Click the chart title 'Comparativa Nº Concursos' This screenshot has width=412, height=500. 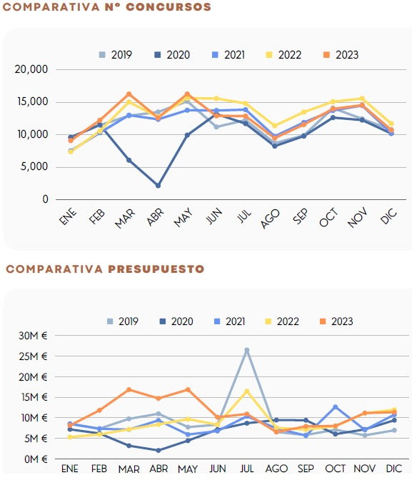click(x=108, y=7)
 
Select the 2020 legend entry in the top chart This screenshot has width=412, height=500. click(x=171, y=54)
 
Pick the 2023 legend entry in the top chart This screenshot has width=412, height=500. click(x=340, y=54)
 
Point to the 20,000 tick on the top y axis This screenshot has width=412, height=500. click(x=31, y=69)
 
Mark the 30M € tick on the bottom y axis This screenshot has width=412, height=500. click(x=34, y=336)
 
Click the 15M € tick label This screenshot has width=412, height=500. click(x=34, y=397)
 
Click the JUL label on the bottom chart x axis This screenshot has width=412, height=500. click(x=247, y=469)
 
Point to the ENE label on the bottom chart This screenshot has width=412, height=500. click(x=70, y=469)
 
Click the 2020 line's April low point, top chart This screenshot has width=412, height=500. click(x=158, y=186)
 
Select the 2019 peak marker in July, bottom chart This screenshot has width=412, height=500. click(x=247, y=350)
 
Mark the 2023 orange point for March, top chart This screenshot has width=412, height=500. click(x=129, y=94)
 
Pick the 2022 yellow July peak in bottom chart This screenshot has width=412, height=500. click(x=247, y=391)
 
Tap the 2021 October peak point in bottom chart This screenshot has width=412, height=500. click(x=336, y=407)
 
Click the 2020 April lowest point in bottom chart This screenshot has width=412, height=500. click(x=158, y=451)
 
